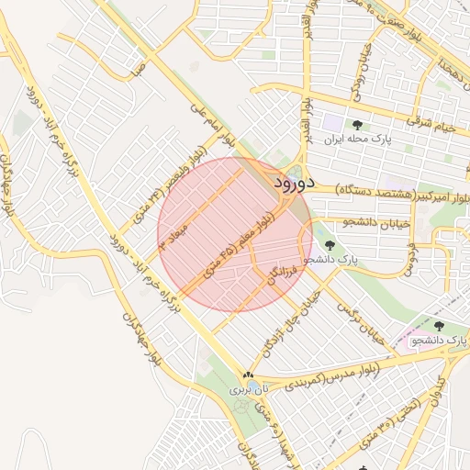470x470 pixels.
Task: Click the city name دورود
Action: (294, 183)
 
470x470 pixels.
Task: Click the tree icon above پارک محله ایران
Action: (356, 126)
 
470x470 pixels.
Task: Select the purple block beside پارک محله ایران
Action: (330, 122)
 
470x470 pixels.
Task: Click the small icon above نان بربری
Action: (248, 375)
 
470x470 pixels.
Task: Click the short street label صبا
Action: (138, 69)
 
